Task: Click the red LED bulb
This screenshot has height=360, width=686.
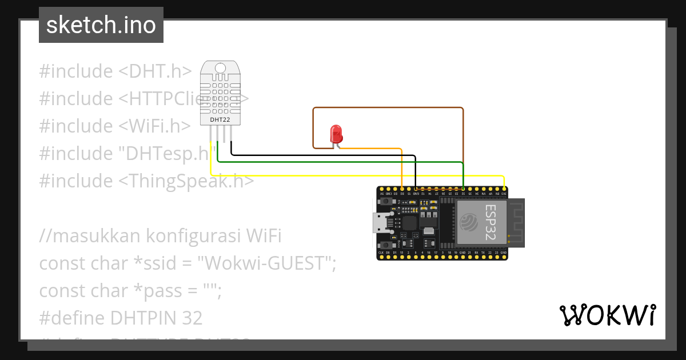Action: click(x=336, y=134)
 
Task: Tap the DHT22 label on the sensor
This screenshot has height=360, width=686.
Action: click(x=220, y=119)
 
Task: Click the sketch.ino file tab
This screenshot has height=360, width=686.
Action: click(x=101, y=25)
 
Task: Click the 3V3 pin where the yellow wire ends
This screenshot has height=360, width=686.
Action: click(x=504, y=189)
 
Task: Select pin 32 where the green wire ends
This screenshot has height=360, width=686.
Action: click(x=463, y=189)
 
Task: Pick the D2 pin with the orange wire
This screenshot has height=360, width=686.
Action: click(x=402, y=189)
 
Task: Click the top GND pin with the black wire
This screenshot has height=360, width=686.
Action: click(x=416, y=189)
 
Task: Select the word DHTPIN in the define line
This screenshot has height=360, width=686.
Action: click(x=139, y=318)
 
